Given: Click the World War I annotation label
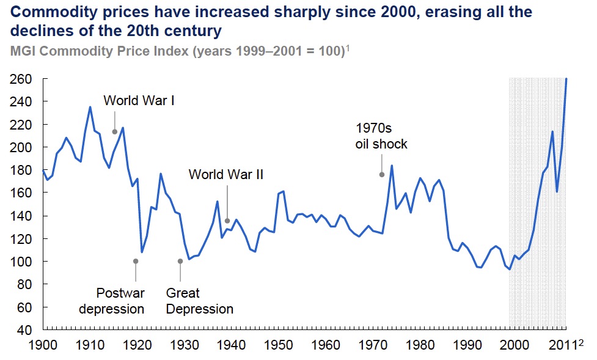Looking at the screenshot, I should coord(139,100).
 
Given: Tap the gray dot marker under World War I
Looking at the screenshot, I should coord(114,131).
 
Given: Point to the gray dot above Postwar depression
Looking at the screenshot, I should coord(136,261).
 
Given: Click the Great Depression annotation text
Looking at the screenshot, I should coord(199,301).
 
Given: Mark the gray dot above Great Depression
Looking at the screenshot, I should coord(180,261).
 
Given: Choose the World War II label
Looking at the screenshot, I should coord(225,174).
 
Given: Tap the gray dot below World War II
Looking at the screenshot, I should coord(227,221).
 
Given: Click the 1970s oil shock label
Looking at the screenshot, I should coord(381,136).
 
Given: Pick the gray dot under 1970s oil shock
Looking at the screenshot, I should coord(382,174).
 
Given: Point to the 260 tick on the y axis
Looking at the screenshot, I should coord(21,79).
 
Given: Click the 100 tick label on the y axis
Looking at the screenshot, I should coord(21,262).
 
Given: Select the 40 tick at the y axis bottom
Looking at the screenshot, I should coord(25,331).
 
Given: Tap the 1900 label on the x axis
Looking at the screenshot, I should coord(43,345).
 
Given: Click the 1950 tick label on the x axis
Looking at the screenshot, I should coord(279,345).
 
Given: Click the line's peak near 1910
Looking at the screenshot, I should coord(90,107).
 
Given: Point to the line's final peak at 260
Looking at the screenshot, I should coord(566,79).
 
